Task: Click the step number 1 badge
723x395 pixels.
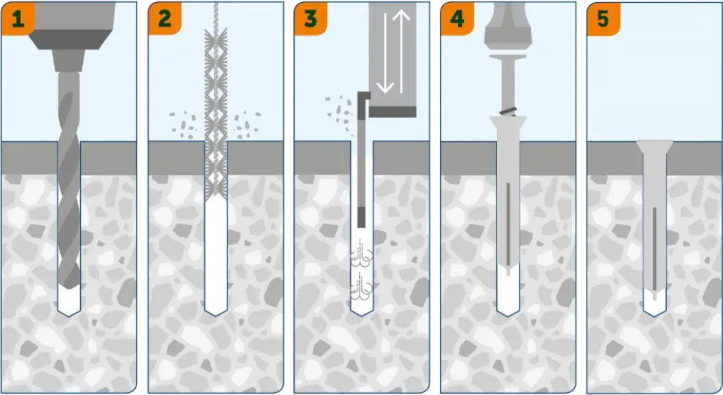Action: [17, 18]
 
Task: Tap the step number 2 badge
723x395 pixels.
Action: [164, 18]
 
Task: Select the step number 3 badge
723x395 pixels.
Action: [310, 18]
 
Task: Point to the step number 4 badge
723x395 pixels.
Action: [457, 18]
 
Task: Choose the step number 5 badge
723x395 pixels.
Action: [603, 18]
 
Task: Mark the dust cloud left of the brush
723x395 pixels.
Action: [183, 123]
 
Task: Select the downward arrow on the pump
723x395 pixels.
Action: [385, 55]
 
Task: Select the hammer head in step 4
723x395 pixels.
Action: [507, 27]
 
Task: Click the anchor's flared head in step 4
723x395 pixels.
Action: [507, 123]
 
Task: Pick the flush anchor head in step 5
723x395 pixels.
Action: [654, 145]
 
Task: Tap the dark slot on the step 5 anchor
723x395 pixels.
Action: [654, 247]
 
